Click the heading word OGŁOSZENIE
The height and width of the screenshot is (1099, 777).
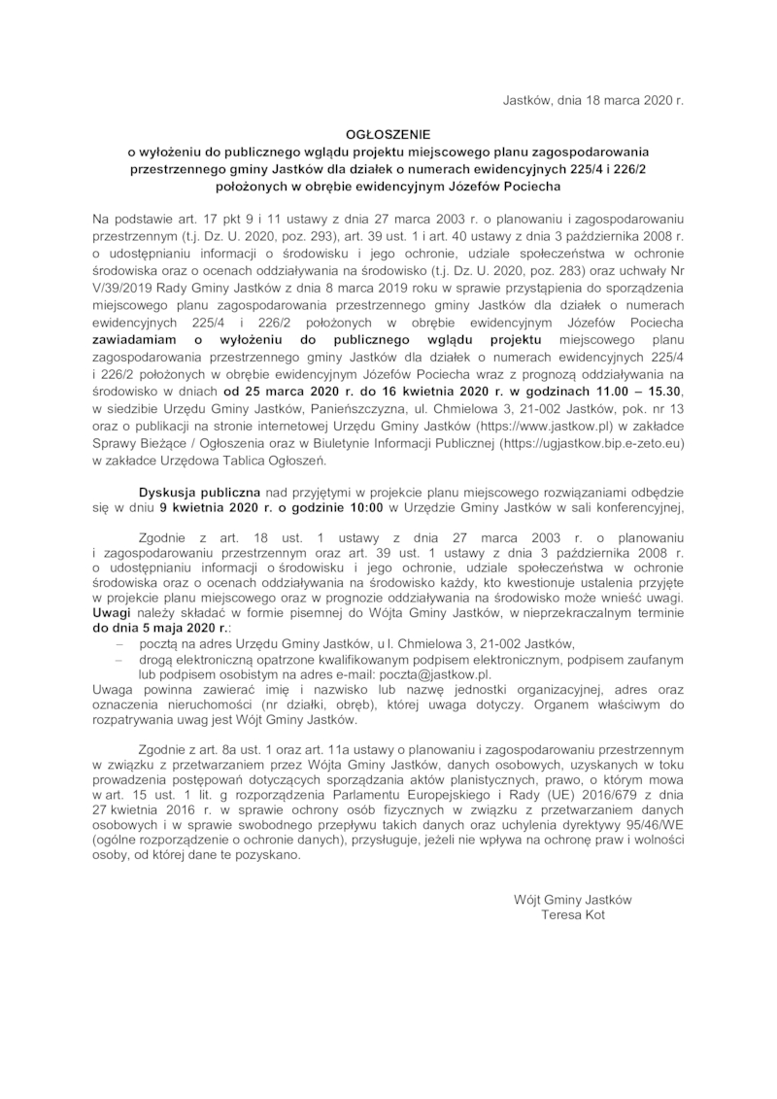click(x=388, y=135)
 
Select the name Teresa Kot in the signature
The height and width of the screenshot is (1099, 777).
click(x=573, y=914)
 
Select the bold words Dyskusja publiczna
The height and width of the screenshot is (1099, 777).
click(x=197, y=492)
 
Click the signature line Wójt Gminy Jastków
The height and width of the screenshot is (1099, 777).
click(x=573, y=899)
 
